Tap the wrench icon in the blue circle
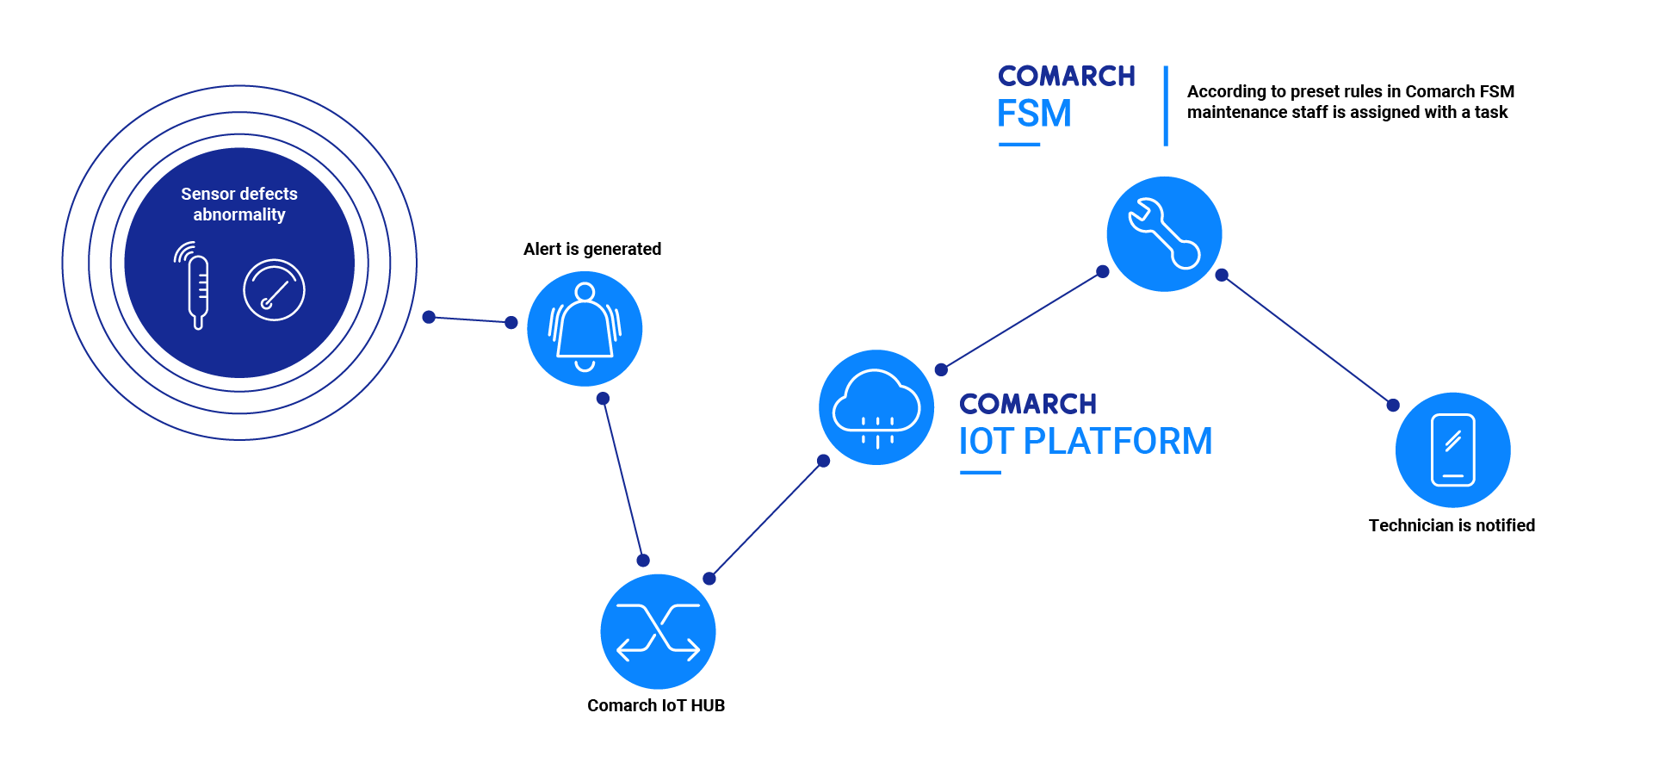pyautogui.click(x=1164, y=234)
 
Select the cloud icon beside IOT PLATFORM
pyautogui.click(x=876, y=407)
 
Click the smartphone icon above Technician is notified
pyautogui.click(x=1452, y=449)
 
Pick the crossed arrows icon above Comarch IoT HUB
pyautogui.click(x=658, y=631)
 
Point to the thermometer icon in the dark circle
pyautogui.click(x=197, y=288)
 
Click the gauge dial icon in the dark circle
pyautogui.click(x=274, y=290)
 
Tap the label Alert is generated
pyautogui.click(x=592, y=249)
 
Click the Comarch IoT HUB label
pyautogui.click(x=656, y=705)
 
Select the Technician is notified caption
pyautogui.click(x=1452, y=525)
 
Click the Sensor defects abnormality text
pyautogui.click(x=239, y=204)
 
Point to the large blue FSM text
pyautogui.click(x=1034, y=114)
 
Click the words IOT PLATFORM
pyautogui.click(x=1085, y=441)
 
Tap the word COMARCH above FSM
pyautogui.click(x=1066, y=76)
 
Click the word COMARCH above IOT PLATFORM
pyautogui.click(x=1028, y=404)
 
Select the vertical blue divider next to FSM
pyautogui.click(x=1166, y=106)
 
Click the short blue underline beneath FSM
pyautogui.click(x=1018, y=144)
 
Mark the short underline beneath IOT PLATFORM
pyautogui.click(x=980, y=472)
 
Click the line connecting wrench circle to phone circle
pyautogui.click(x=1307, y=340)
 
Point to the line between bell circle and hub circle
pyautogui.click(x=622, y=479)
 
